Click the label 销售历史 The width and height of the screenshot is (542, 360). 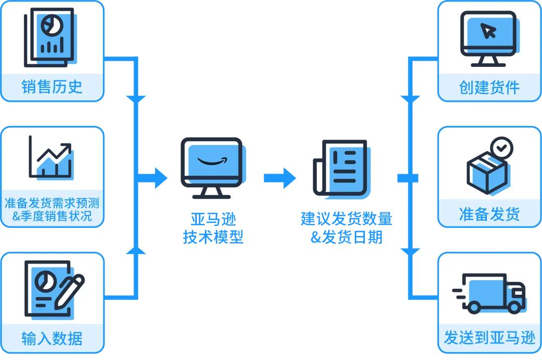click(x=52, y=87)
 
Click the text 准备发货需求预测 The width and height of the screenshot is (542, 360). click(x=52, y=203)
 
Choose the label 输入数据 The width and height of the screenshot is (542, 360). click(x=52, y=338)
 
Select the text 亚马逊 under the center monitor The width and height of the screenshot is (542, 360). click(x=213, y=220)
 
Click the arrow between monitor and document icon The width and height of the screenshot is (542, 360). click(x=280, y=178)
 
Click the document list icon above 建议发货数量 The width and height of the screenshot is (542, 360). click(x=341, y=167)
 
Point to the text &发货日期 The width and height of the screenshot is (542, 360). click(x=346, y=237)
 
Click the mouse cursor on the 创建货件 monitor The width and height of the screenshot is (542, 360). click(x=488, y=32)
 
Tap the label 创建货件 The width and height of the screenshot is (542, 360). click(x=489, y=87)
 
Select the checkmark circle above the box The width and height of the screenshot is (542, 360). click(x=501, y=148)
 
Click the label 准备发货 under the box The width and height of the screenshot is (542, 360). click(x=489, y=214)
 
